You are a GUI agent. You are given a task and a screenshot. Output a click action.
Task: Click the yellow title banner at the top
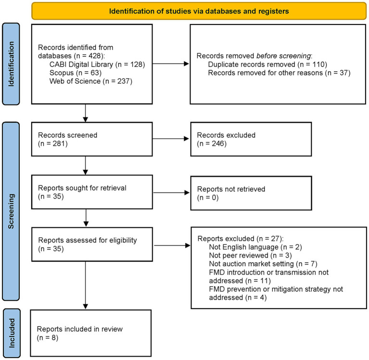coord(199,11)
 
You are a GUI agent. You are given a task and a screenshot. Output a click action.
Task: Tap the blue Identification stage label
coord(11,64)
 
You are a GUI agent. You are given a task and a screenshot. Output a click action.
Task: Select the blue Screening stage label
coord(11,211)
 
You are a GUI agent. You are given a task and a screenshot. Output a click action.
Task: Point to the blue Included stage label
coord(12,333)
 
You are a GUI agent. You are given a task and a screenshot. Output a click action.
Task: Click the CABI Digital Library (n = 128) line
coord(97,64)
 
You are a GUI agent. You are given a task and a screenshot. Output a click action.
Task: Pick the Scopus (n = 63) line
coord(76,73)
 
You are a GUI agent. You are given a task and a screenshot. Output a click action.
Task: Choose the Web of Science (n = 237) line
coord(91,81)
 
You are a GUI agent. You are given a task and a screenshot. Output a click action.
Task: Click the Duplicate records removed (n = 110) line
coord(267,64)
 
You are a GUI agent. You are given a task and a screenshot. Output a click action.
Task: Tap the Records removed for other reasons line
coord(279,73)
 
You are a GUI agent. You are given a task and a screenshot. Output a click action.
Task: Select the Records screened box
coord(92,139)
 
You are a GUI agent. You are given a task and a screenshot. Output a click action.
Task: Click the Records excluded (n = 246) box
coord(251,139)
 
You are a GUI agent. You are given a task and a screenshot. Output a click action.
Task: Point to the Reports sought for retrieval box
coord(92,192)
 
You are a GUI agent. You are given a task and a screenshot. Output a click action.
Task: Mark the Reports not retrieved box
coord(251,193)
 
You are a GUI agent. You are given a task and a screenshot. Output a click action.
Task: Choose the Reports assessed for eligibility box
coord(92,244)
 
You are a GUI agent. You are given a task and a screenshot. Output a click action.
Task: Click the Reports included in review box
coord(91,333)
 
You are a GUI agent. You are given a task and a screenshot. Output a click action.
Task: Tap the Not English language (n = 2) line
coord(255,247)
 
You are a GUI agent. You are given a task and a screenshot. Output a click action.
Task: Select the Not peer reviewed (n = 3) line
coord(250,256)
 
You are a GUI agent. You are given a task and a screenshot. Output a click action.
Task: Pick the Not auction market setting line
coord(263,264)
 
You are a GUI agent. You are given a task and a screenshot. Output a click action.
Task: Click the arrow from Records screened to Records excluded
coord(171,139)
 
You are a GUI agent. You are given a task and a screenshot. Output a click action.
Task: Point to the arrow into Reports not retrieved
coord(172,193)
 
